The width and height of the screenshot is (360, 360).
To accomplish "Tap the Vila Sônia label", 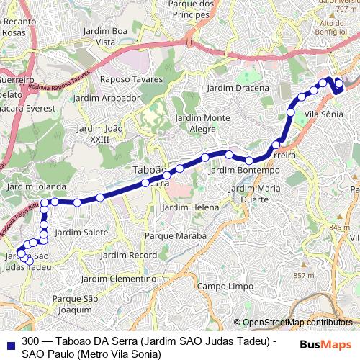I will (x=324, y=114).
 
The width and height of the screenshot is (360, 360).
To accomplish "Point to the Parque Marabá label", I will (x=176, y=235).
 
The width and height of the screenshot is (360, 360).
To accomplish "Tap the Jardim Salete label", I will (x=81, y=232).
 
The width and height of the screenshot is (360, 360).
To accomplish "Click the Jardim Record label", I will (x=129, y=256).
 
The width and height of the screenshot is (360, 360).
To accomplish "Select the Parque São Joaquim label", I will (x=70, y=305).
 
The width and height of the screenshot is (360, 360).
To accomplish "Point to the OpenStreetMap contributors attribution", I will (x=297, y=323).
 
